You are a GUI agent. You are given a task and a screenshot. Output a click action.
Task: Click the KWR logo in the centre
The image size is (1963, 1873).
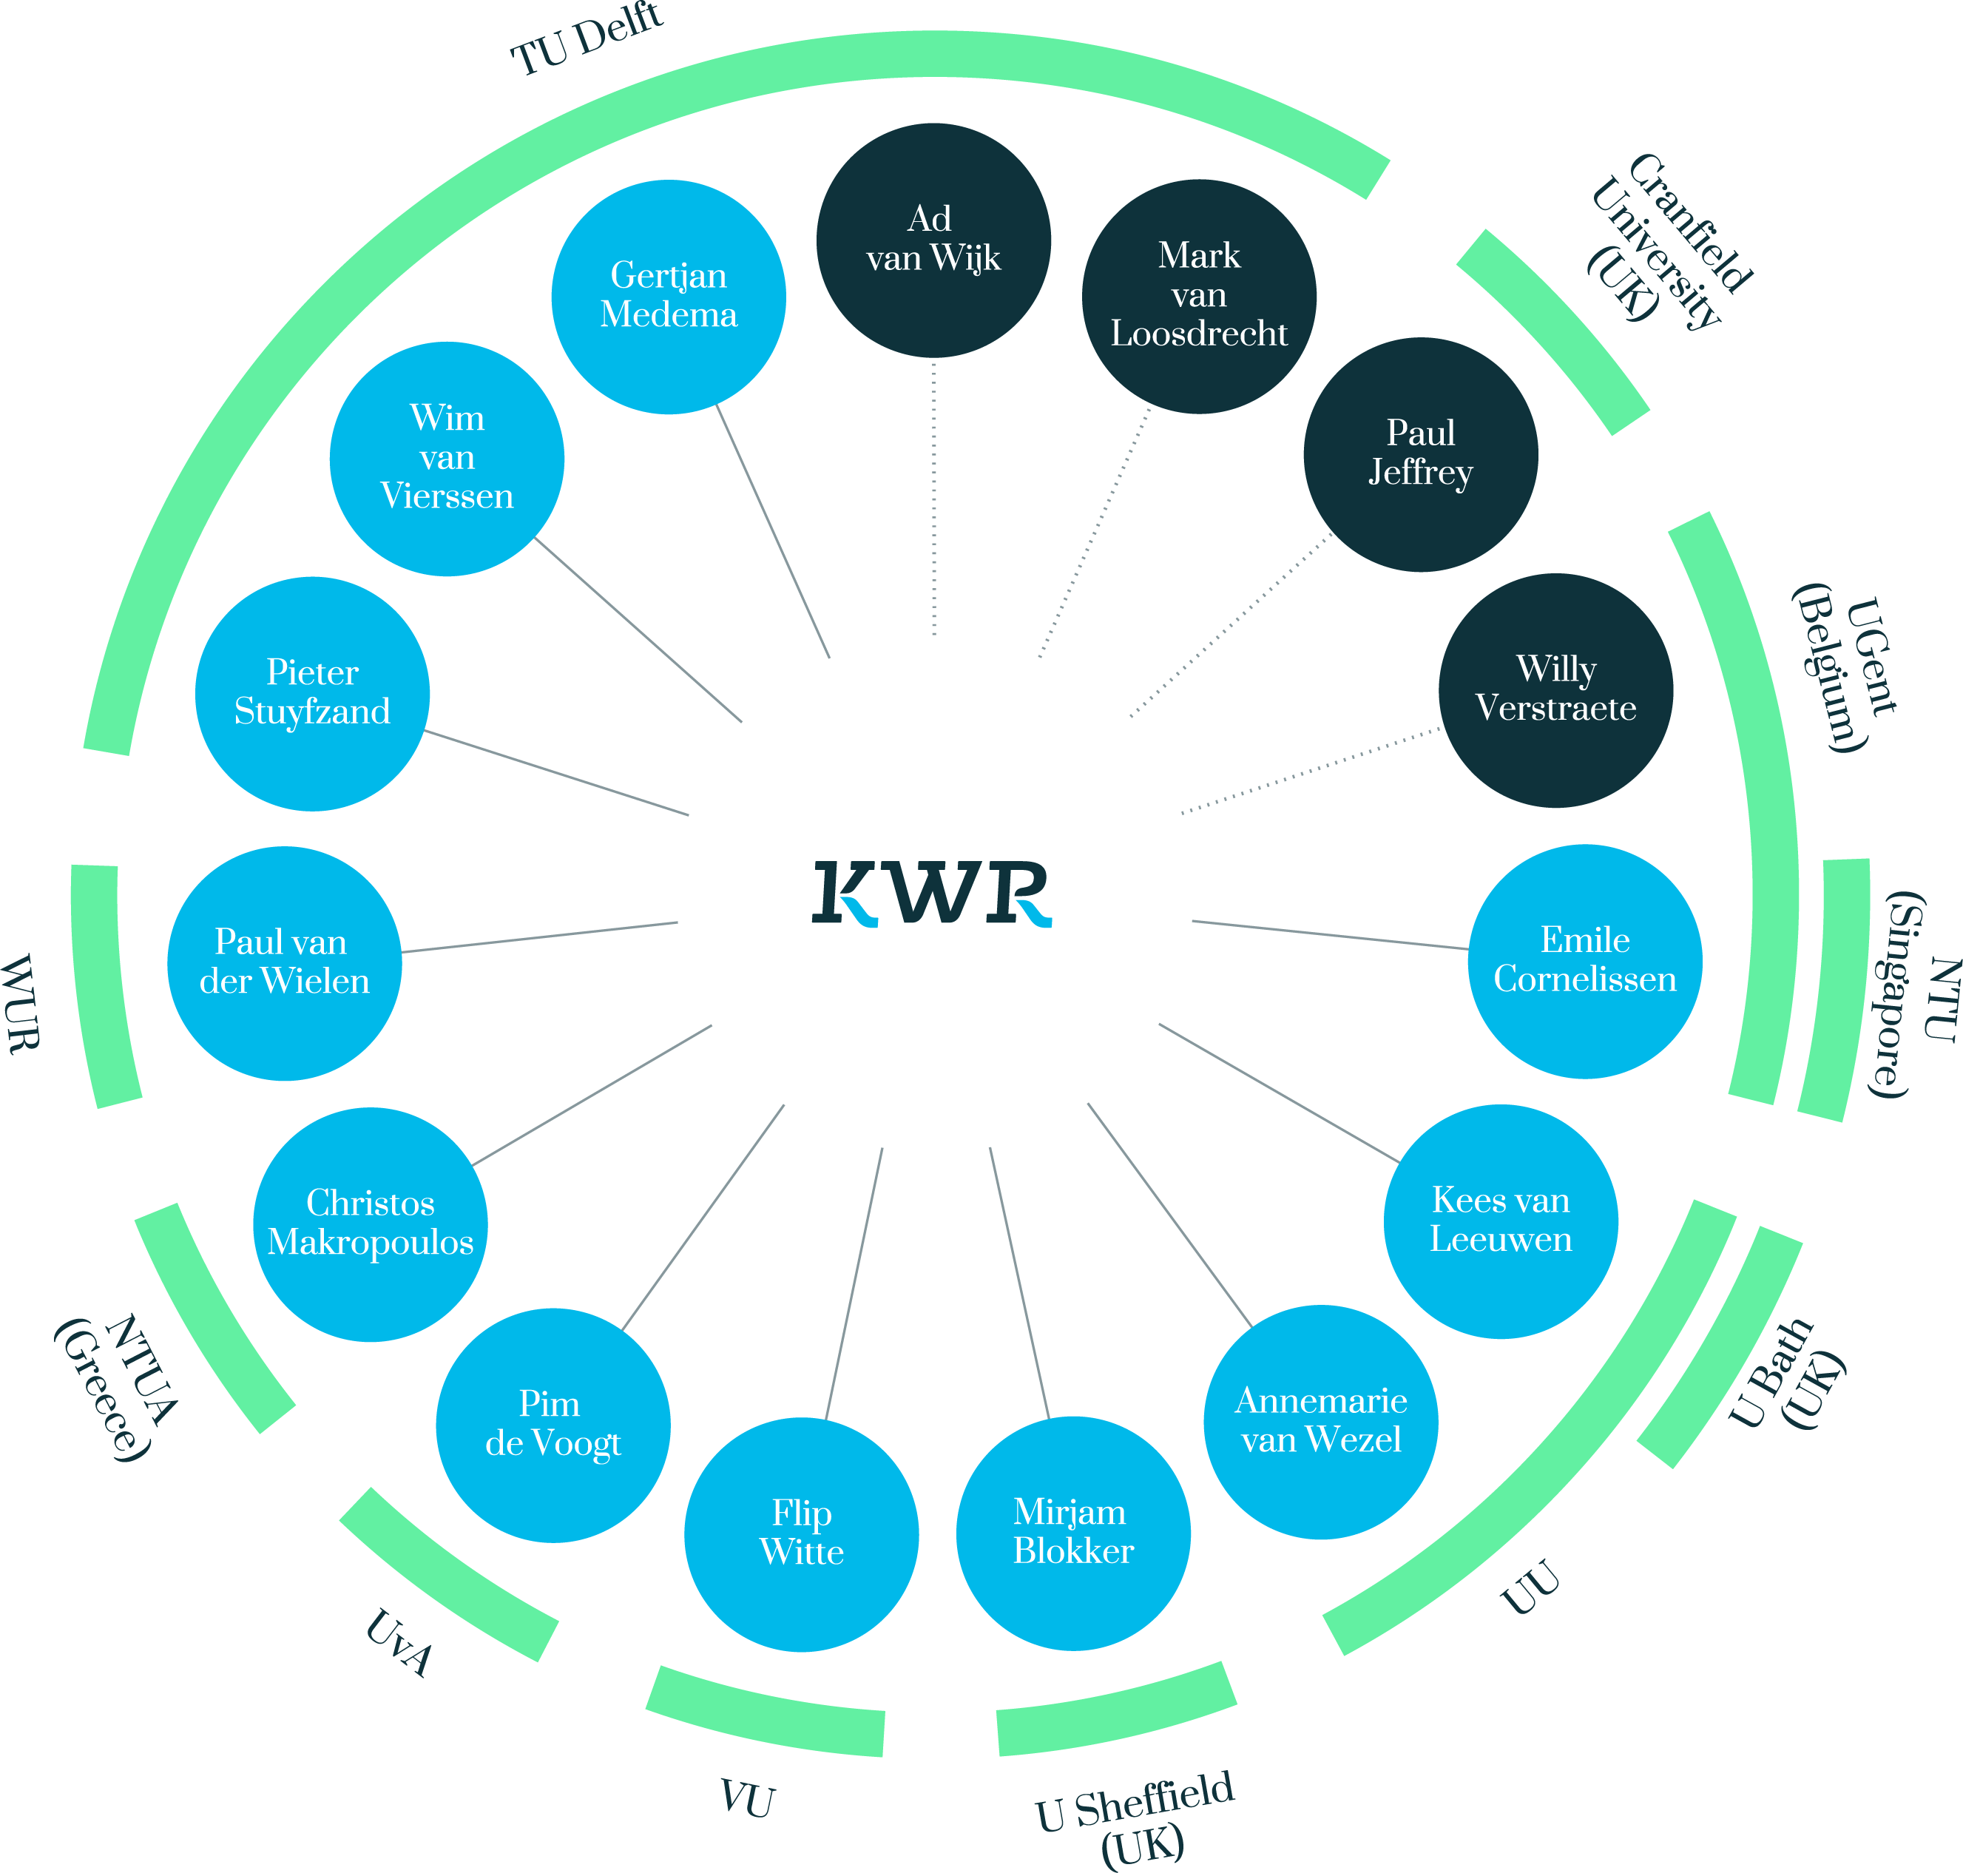[932, 894]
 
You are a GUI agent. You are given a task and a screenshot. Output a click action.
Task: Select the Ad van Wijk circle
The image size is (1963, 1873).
[933, 240]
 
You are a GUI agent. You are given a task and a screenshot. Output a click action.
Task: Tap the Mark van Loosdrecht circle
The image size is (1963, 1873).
[1199, 296]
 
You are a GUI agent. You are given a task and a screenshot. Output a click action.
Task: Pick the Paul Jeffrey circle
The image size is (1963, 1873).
[1421, 454]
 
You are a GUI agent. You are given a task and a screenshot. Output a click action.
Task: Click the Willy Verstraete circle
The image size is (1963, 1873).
[1555, 690]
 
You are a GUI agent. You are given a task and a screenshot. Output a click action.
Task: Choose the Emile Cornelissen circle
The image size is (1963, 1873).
[1584, 962]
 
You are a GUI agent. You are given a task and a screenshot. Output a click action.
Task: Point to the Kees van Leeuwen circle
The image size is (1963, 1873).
[1501, 1221]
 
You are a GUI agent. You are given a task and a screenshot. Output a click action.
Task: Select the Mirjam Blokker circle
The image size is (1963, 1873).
[1073, 1533]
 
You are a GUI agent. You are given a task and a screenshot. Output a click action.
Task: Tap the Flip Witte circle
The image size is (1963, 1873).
[801, 1534]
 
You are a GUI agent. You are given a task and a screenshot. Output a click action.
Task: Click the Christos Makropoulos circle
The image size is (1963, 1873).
[371, 1224]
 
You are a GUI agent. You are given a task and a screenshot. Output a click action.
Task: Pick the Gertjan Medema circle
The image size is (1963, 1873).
[668, 297]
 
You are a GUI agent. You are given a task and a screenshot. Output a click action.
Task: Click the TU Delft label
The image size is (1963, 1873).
[587, 40]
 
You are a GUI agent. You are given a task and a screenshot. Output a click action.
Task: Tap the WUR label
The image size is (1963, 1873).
[22, 1003]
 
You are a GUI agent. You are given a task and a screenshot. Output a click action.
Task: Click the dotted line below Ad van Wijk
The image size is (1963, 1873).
[933, 497]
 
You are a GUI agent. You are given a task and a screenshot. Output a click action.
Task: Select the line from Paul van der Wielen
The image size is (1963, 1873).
[539, 937]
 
